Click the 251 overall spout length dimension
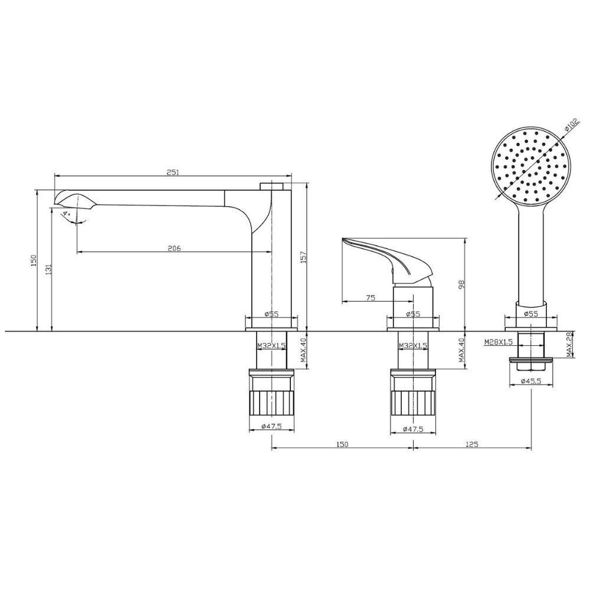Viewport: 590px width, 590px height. click(x=173, y=172)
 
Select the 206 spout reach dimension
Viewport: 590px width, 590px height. click(x=174, y=248)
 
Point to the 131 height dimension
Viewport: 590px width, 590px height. click(x=47, y=270)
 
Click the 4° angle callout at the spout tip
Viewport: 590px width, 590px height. click(x=67, y=214)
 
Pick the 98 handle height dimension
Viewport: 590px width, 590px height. click(x=462, y=284)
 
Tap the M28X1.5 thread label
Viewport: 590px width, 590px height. click(x=499, y=342)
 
